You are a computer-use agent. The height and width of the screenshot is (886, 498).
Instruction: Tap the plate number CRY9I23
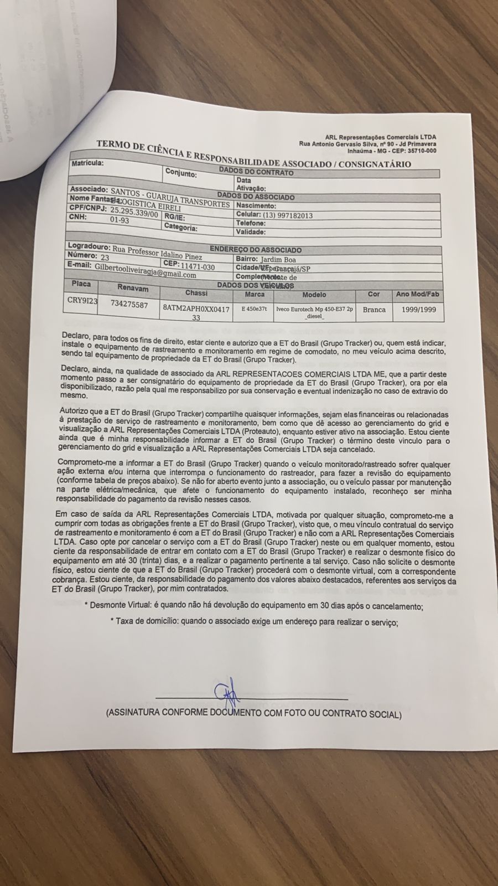[x=81, y=301]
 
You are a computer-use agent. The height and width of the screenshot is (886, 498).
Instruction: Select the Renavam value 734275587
[x=129, y=304]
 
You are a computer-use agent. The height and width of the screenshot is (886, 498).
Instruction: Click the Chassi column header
[x=196, y=292]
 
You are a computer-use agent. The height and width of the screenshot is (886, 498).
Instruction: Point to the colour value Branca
[x=374, y=310]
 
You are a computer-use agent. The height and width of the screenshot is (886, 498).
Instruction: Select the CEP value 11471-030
[x=196, y=267]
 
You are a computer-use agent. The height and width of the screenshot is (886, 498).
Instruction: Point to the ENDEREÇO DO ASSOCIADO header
[x=256, y=250]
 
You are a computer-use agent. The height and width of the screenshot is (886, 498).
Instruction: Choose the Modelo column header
[x=314, y=295]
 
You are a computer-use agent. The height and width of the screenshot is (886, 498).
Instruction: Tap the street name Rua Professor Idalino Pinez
[x=157, y=253]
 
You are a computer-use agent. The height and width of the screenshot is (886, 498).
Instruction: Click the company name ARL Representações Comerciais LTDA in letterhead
[x=380, y=137]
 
